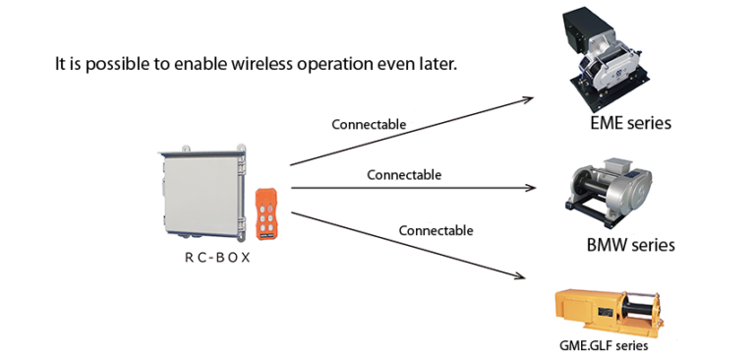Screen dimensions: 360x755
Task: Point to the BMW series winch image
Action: [608, 193]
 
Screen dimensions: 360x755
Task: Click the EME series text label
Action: [630, 124]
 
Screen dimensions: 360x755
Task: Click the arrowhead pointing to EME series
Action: [529, 98]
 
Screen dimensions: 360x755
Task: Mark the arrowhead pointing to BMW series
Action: [532, 187]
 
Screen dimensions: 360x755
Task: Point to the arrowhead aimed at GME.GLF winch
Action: [529, 280]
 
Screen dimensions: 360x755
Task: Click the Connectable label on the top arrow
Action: [369, 125]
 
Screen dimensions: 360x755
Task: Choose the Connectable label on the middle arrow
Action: [404, 175]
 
